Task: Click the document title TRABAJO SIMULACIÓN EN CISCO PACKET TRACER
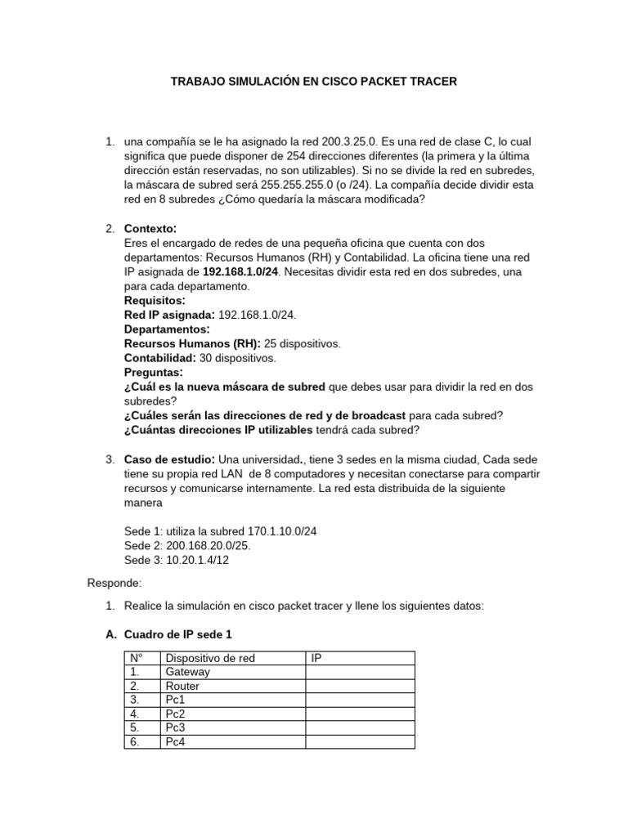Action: tap(313, 82)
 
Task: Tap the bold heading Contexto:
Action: tap(150, 228)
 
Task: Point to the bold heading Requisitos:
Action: tap(155, 301)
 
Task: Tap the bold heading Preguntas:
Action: tap(153, 373)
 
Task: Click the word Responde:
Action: tap(114, 583)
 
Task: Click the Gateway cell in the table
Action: tap(187, 672)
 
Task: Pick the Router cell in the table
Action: tap(182, 686)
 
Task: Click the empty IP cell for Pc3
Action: tap(360, 727)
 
